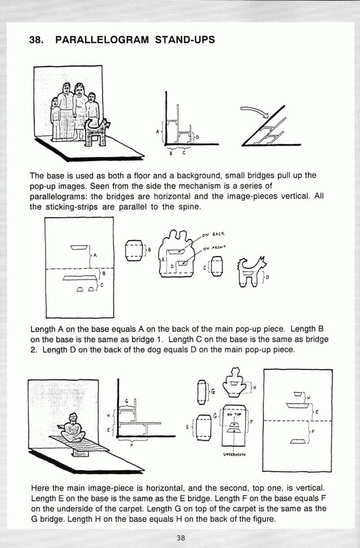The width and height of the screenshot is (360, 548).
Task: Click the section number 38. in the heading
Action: point(37,40)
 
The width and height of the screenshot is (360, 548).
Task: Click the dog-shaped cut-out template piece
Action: point(249,272)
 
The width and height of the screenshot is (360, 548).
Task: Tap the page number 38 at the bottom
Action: point(180,537)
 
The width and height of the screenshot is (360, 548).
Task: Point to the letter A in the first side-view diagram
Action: point(158,132)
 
